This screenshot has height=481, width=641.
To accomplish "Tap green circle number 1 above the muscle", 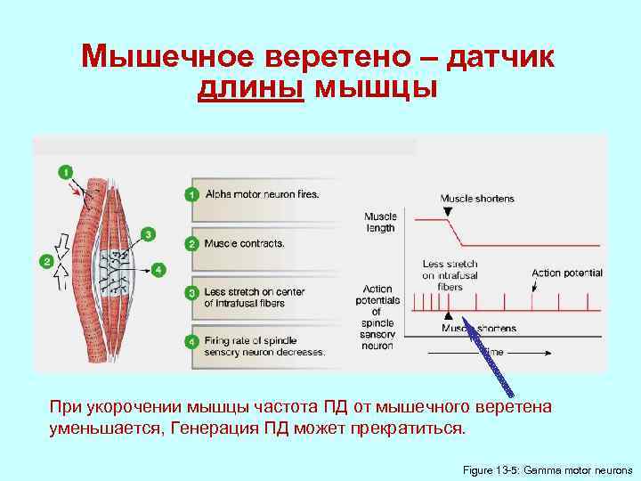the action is pyautogui.click(x=65, y=171).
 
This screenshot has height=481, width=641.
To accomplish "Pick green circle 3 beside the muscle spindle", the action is pyautogui.click(x=149, y=233).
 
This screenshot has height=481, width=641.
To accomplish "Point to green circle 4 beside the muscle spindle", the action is pyautogui.click(x=158, y=268).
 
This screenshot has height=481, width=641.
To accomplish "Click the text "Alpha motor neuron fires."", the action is pyautogui.click(x=262, y=193).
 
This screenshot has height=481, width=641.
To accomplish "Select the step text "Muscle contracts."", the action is pyautogui.click(x=244, y=242).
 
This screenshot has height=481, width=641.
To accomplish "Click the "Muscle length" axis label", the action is pyautogui.click(x=379, y=222).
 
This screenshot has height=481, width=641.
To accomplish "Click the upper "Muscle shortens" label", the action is pyautogui.click(x=476, y=198).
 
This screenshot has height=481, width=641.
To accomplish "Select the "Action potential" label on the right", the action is pyautogui.click(x=566, y=273).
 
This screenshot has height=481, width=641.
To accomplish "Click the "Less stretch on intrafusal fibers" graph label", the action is pyautogui.click(x=450, y=275).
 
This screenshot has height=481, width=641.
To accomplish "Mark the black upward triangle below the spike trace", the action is pyautogui.click(x=450, y=316).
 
